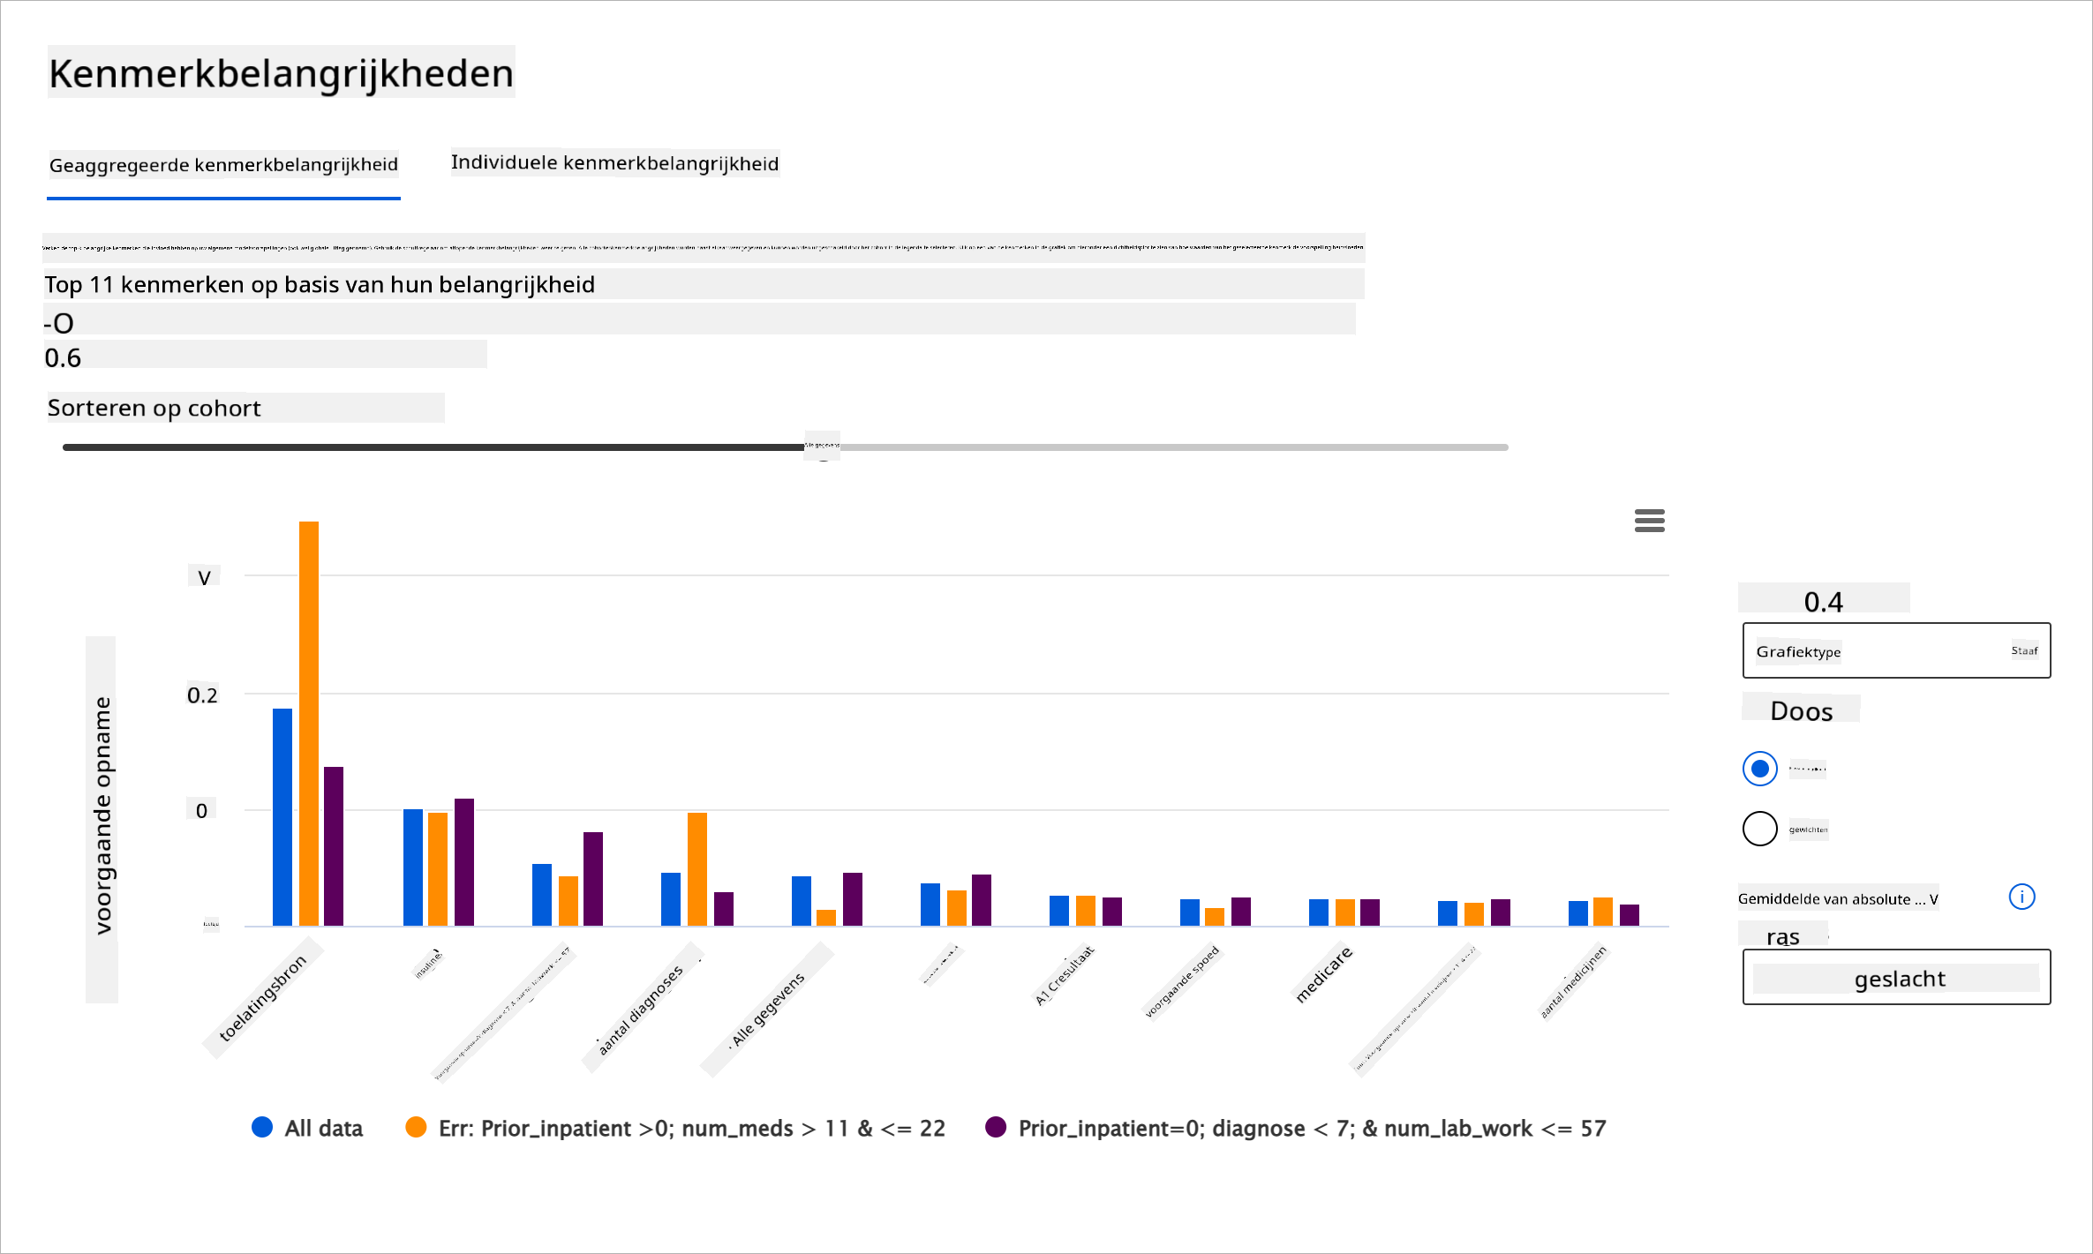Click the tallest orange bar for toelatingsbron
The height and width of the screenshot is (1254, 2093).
point(308,723)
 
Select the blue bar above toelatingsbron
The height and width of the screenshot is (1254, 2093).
point(282,816)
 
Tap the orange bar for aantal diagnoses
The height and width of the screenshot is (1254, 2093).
point(696,868)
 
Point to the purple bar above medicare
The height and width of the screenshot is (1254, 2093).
point(1369,912)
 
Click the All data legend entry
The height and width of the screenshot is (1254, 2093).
point(307,1128)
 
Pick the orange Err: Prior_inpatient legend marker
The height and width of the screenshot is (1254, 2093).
point(416,1127)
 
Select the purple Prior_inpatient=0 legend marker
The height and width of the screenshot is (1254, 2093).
point(996,1127)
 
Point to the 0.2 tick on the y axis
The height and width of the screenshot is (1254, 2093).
point(202,695)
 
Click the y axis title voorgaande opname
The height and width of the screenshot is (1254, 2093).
point(102,815)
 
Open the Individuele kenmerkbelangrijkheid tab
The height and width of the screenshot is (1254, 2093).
point(614,163)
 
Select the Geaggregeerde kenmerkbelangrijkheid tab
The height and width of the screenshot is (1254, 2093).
point(223,165)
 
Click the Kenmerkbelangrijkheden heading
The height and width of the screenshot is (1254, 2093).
point(281,73)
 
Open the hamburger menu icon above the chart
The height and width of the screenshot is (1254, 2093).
point(1649,521)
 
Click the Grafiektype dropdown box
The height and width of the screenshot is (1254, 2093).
point(1895,650)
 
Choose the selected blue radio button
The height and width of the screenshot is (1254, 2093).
point(1759,769)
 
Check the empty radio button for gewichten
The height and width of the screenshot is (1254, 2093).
point(1759,829)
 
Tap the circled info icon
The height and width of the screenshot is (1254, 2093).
point(2021,897)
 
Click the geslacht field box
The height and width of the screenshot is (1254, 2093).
point(1895,977)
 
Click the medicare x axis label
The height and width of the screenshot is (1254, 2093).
point(1323,973)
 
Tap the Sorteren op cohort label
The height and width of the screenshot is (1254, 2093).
point(154,408)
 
